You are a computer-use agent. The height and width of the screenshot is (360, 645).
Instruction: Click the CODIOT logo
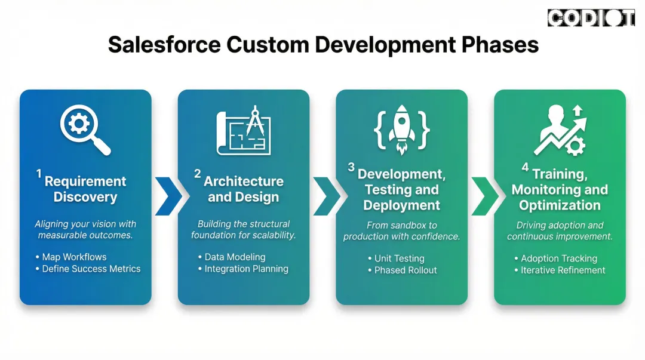pyautogui.click(x=591, y=18)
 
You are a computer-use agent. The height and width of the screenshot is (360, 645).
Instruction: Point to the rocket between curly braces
pyautogui.click(x=401, y=131)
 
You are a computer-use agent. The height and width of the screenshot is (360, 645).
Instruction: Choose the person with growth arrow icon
pyautogui.click(x=560, y=130)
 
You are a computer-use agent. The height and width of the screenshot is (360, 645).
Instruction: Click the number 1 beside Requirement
pyautogui.click(x=39, y=174)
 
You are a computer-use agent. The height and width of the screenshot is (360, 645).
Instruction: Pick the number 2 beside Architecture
pyautogui.click(x=197, y=174)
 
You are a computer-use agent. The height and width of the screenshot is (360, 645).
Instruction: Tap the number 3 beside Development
pyautogui.click(x=352, y=167)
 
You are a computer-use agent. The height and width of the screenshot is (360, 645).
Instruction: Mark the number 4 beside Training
pyautogui.click(x=525, y=167)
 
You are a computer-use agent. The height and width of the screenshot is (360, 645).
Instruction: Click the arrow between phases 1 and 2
pyautogui.click(x=168, y=195)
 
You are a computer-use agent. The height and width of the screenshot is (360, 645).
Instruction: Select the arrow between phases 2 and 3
pyautogui.click(x=326, y=195)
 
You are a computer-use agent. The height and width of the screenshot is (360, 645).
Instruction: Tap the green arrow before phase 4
pyautogui.click(x=484, y=195)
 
